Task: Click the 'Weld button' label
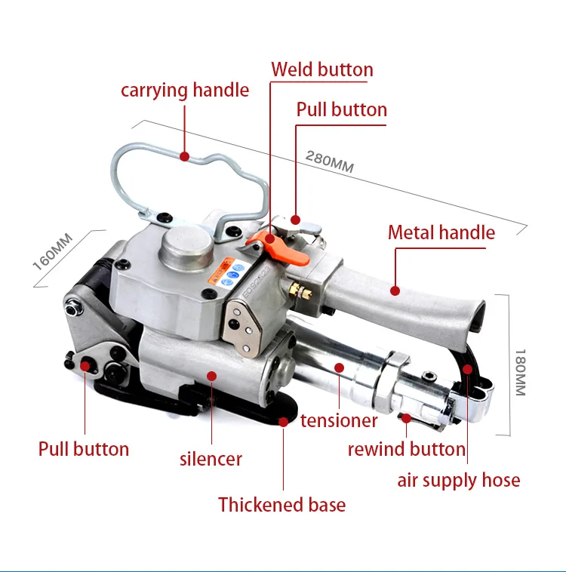coord(322,70)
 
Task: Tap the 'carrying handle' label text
coord(185,91)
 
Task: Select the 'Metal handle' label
coord(441,232)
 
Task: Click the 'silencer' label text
coord(211,458)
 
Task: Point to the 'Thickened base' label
coord(282,505)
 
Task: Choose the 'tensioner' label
coord(339,420)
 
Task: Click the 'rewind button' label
coord(407,449)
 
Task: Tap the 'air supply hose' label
coord(459,480)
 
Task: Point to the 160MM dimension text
coord(53,251)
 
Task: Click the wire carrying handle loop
coord(189,170)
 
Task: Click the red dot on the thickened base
coord(283,422)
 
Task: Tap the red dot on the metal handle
coord(394,288)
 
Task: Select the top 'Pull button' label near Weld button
coord(341,109)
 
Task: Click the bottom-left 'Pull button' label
coord(84,449)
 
